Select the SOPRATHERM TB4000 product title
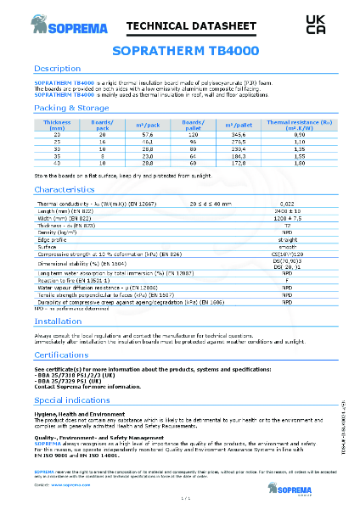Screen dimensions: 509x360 pyautogui.click(x=179, y=51)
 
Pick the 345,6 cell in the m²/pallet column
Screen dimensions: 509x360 pyautogui.click(x=238, y=135)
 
